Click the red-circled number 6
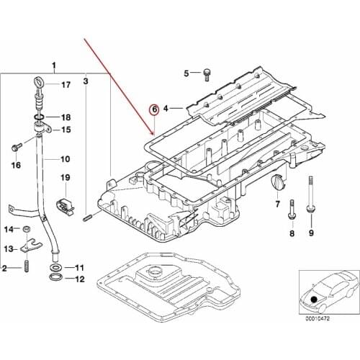pyautogui.click(x=153, y=109)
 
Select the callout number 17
pyautogui.click(x=66, y=85)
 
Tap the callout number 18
pyautogui.click(x=66, y=117)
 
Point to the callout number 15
pyautogui.click(x=66, y=130)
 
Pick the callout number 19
pyautogui.click(x=65, y=178)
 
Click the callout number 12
pyautogui.click(x=80, y=279)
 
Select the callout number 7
pyautogui.click(x=277, y=204)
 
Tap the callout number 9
pyautogui.click(x=311, y=234)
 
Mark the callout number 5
pyautogui.click(x=186, y=73)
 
